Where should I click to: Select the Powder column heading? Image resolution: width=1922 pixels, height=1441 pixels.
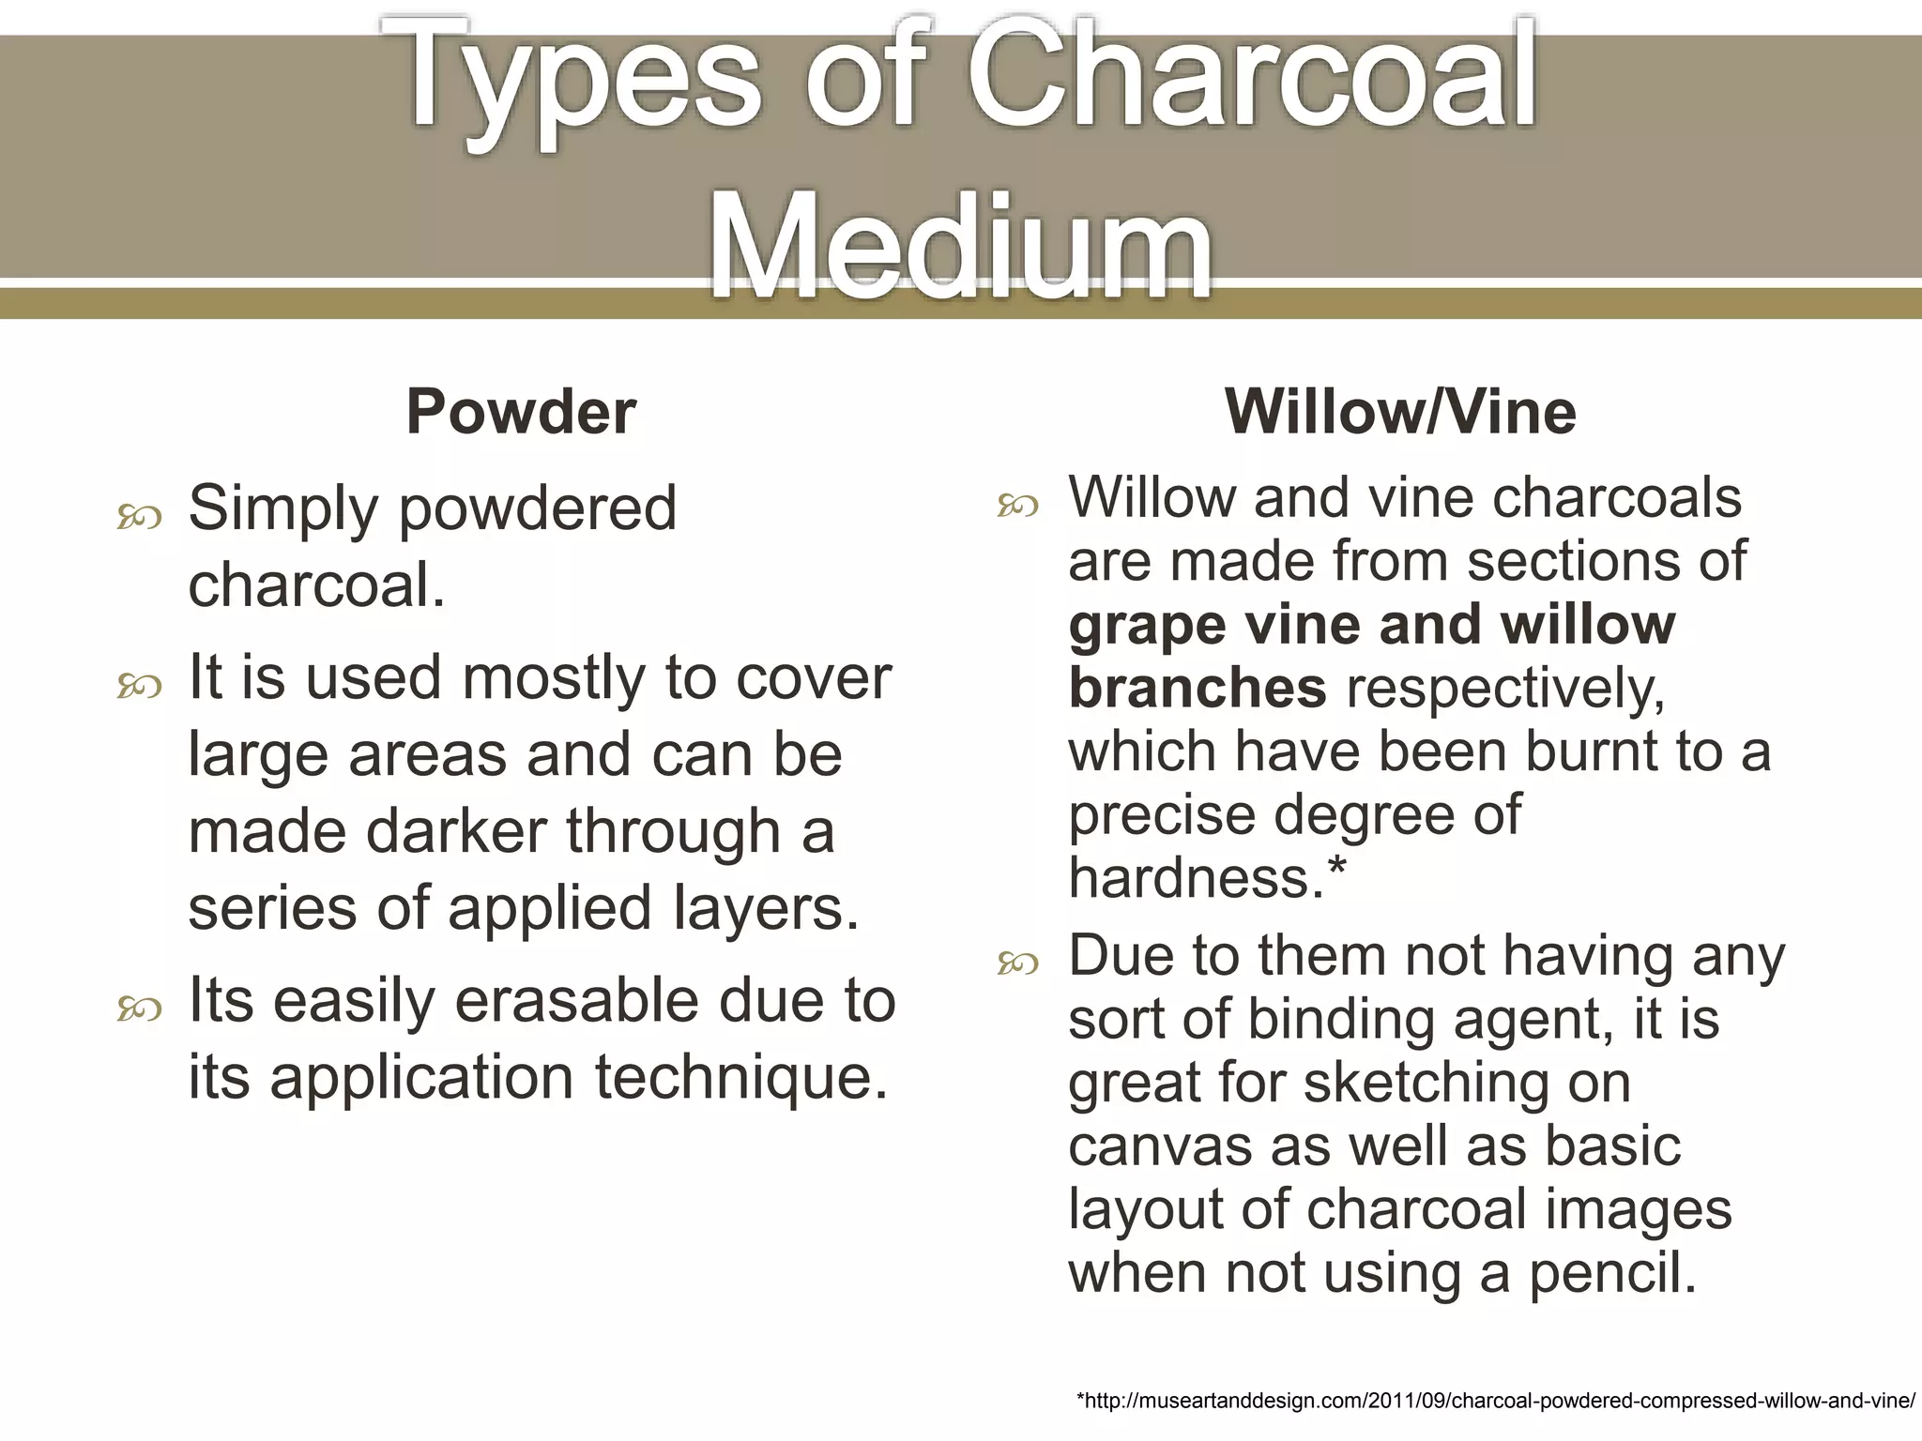521,412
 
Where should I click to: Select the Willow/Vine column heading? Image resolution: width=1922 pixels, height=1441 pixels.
1399,412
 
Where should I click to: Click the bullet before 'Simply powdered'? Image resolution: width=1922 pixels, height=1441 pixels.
139,517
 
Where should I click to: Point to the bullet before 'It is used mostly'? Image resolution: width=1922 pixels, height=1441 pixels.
139,687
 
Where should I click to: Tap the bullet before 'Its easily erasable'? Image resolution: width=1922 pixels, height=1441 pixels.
139,1009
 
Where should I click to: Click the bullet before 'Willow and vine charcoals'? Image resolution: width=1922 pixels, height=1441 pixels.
1018,507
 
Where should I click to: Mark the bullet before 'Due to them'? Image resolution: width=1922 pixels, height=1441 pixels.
1018,963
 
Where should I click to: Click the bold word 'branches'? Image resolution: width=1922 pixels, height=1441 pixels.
1197,689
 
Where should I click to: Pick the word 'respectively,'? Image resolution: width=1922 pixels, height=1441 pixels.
1505,690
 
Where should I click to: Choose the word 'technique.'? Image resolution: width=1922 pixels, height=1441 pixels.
741,1078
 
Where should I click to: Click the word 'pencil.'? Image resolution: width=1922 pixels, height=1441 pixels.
1613,1274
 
